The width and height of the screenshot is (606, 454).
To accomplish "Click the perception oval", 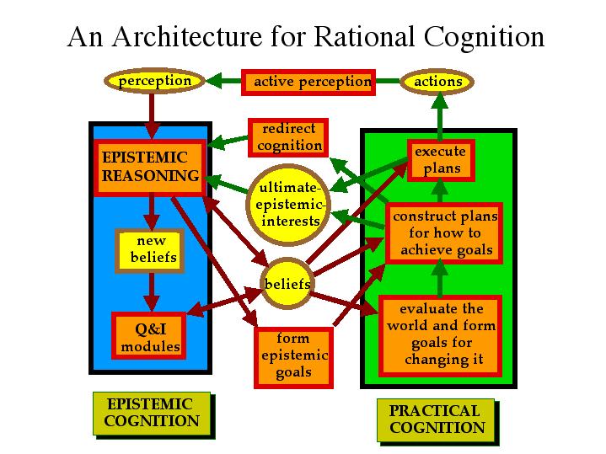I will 153,81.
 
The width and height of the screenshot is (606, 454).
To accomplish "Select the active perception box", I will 308,82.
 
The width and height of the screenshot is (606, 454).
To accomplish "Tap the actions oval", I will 438,82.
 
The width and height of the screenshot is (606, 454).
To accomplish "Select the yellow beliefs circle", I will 287,284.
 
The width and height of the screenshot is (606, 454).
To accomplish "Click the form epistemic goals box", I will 293,355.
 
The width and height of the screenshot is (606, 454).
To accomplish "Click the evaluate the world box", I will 441,335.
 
